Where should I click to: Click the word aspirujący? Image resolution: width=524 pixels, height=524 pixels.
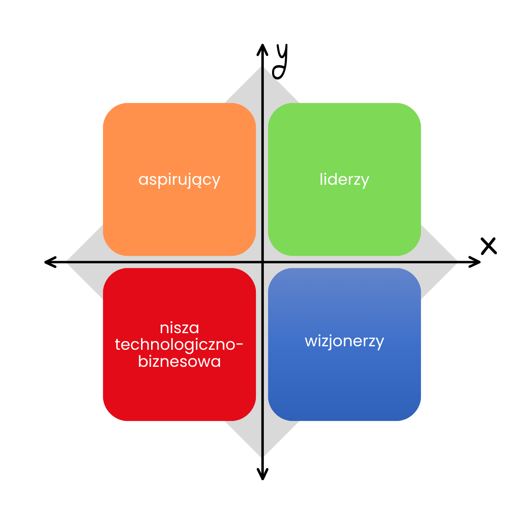point(179,180)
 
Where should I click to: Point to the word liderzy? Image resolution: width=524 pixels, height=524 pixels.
point(345,179)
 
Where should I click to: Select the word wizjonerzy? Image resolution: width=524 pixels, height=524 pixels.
point(345,341)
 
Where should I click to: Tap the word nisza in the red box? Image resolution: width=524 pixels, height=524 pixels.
point(179,327)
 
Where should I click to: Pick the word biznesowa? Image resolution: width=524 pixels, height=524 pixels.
point(179,362)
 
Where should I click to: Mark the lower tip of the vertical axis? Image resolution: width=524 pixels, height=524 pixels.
point(262,456)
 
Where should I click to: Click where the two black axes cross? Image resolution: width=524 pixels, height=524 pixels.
point(262,262)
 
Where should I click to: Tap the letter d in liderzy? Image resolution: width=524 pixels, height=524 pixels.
point(333,179)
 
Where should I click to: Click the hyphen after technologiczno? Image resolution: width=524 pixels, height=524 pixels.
point(239,345)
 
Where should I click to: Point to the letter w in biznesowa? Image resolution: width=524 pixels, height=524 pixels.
point(205,362)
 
